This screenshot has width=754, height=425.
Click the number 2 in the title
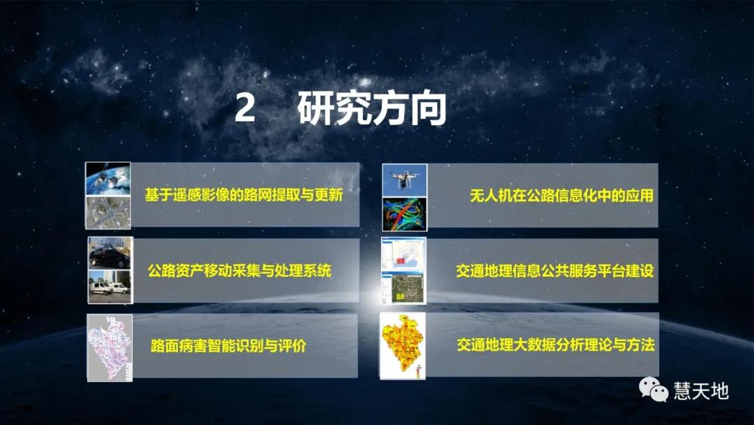pos(244,110)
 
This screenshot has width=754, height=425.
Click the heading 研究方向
pos(371,110)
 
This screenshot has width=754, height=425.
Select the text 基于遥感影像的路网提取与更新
pos(243,194)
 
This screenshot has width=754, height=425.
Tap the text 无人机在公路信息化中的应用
pos(561,196)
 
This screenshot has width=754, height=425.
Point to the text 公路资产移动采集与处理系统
pos(239,271)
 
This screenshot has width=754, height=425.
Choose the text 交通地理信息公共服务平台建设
pos(554,271)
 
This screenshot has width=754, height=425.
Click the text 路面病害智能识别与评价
pos(228,346)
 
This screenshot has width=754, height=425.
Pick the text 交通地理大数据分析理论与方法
pos(556,345)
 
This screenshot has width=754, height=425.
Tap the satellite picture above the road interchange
pos(108,178)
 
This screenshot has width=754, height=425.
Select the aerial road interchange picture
pos(108,212)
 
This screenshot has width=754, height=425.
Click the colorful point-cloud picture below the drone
pos(404,214)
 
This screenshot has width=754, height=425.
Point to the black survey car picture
pos(110,253)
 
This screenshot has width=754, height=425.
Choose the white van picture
pos(110,287)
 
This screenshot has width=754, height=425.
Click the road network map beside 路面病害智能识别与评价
pos(110,347)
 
